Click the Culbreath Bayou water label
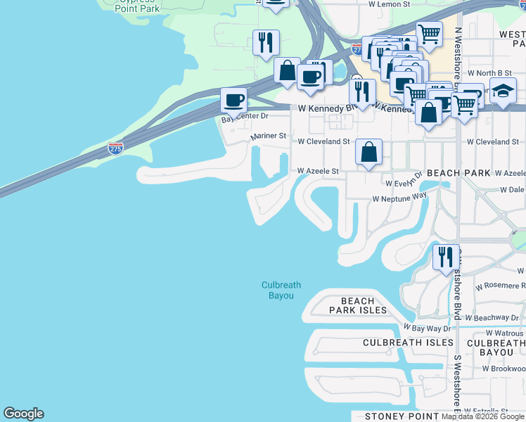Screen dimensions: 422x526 click(281, 290)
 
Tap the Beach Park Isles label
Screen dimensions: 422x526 click(359, 305)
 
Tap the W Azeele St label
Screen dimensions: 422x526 click(318, 171)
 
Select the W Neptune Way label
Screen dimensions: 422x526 click(399, 199)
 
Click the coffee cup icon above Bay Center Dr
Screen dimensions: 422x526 click(234, 100)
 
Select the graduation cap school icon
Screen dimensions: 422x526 click(503, 92)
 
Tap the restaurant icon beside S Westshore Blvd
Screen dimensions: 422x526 click(445, 257)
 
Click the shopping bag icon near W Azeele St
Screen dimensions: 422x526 click(368, 151)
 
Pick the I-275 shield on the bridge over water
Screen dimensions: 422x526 click(115, 148)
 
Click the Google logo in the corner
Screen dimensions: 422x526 click(23, 414)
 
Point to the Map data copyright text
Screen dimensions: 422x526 click(483, 416)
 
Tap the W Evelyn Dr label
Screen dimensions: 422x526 click(404, 181)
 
